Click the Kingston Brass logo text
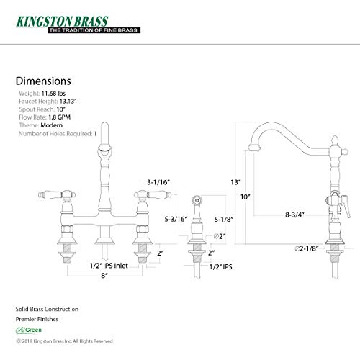pos(62,22)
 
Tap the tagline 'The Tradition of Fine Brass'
pos(94,30)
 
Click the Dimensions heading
pos(43,81)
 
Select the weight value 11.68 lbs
pos(53,94)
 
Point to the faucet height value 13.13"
pos(68,102)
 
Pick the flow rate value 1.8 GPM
pos(59,117)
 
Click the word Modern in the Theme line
pos(51,125)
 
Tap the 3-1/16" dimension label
pos(158,182)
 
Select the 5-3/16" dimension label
pos(176,219)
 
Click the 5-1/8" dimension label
pos(224,219)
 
